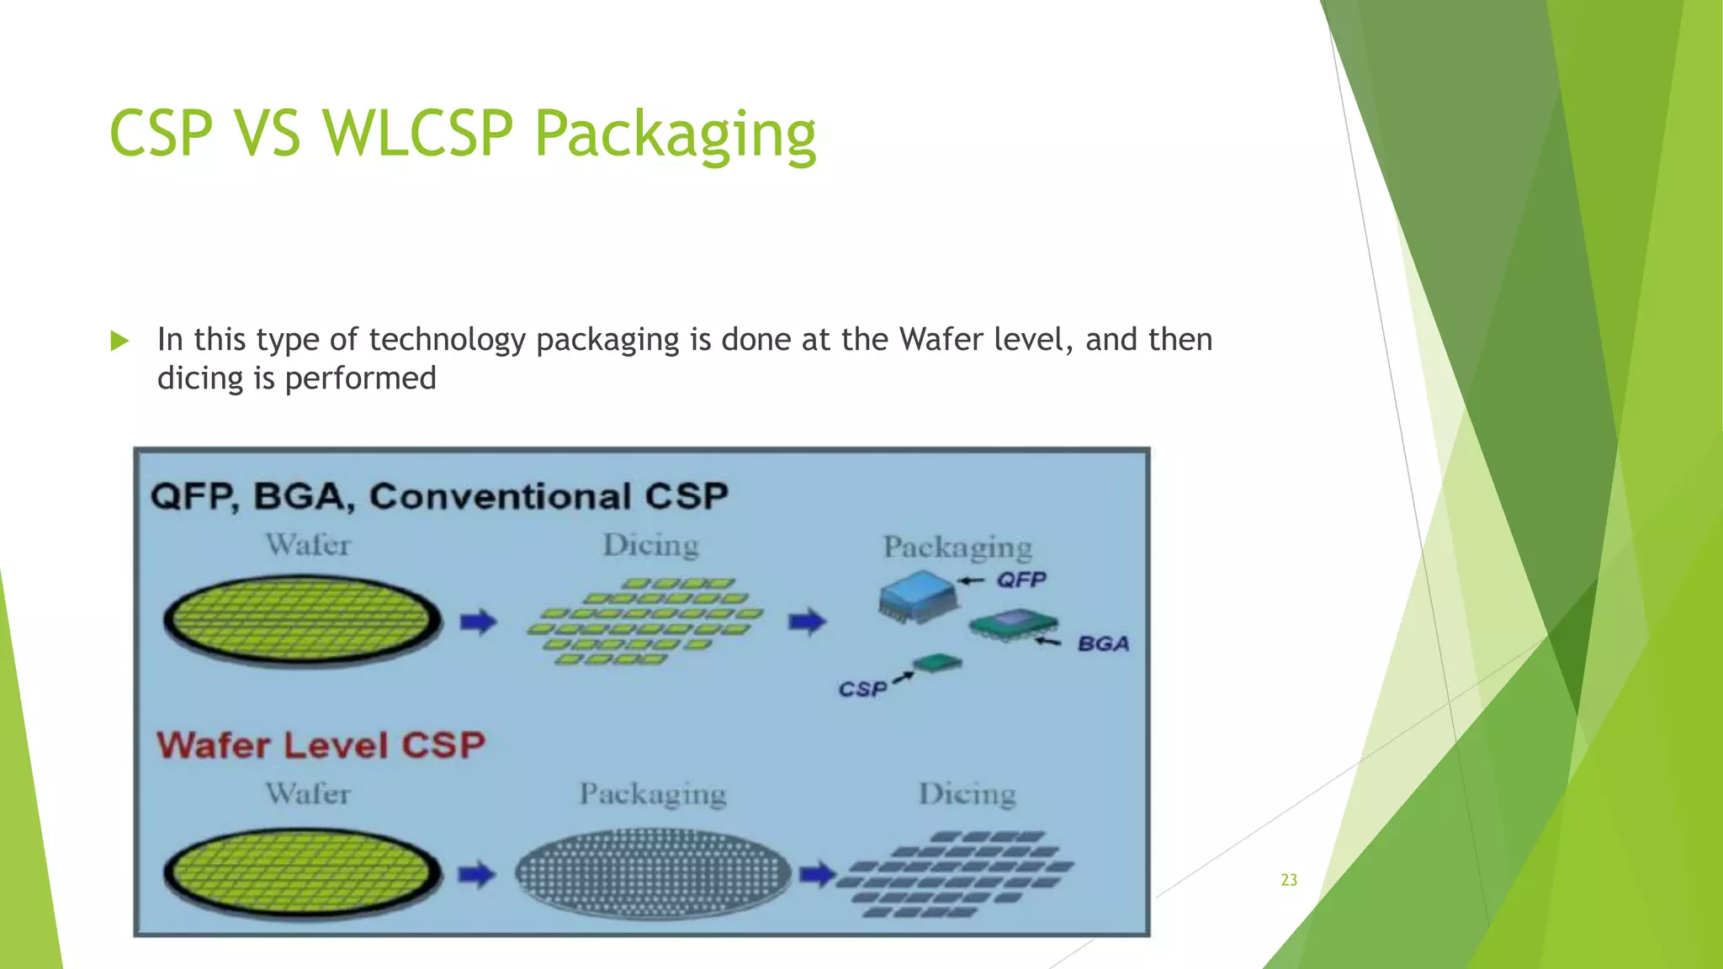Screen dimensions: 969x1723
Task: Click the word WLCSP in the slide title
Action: pyautogui.click(x=417, y=133)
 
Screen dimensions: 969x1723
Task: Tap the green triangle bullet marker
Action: pyautogui.click(x=119, y=341)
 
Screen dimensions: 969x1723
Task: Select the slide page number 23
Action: pyautogui.click(x=1289, y=880)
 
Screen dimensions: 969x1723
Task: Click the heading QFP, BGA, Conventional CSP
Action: pyautogui.click(x=439, y=495)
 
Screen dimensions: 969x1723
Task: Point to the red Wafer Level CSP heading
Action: pyautogui.click(x=321, y=745)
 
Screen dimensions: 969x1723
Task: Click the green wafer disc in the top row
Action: pyautogui.click(x=303, y=621)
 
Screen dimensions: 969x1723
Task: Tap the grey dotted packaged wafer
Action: pyautogui.click(x=653, y=873)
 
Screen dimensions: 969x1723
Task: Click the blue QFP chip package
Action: pyautogui.click(x=918, y=596)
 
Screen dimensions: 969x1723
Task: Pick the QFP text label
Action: pyautogui.click(x=1021, y=580)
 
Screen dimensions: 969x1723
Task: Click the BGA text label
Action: pyautogui.click(x=1103, y=644)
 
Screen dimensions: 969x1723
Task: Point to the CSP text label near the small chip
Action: pyautogui.click(x=862, y=690)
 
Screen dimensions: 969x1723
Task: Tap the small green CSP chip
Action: pyautogui.click(x=938, y=664)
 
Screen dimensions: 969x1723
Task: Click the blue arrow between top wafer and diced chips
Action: pyautogui.click(x=478, y=622)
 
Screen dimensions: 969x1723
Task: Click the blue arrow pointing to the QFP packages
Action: pyautogui.click(x=807, y=622)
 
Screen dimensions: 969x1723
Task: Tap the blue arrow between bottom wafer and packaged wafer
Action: pyautogui.click(x=476, y=875)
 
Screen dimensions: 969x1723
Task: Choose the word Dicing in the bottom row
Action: pyautogui.click(x=967, y=794)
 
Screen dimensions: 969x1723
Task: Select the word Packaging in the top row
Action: pyautogui.click(x=957, y=548)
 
